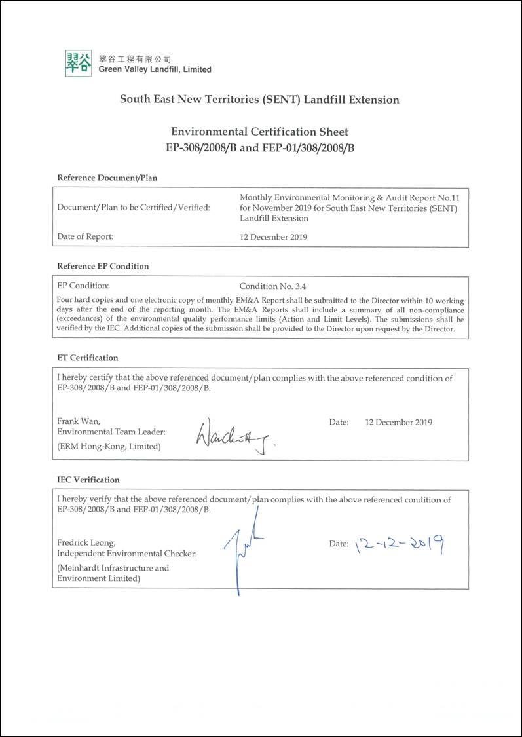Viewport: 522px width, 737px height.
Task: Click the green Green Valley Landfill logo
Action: (x=78, y=64)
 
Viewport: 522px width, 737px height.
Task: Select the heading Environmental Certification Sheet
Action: (x=260, y=132)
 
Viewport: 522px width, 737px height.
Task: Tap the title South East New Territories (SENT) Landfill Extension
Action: (x=259, y=100)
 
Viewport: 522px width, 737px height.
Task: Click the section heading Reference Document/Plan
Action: (x=107, y=178)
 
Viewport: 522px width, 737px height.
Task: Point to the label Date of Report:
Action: (x=85, y=236)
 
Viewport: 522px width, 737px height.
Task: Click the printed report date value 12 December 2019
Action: (x=273, y=236)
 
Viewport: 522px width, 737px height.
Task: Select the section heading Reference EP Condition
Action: (x=103, y=266)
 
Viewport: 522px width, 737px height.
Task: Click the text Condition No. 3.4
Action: (x=272, y=286)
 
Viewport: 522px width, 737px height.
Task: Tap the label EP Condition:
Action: (x=83, y=286)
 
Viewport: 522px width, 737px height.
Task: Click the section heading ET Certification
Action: (x=88, y=358)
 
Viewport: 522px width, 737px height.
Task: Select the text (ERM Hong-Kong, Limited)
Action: (x=109, y=446)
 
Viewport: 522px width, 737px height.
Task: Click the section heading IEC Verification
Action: (x=88, y=480)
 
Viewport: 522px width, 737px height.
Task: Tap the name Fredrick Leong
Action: (x=86, y=543)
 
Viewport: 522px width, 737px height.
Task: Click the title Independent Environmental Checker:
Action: (x=127, y=554)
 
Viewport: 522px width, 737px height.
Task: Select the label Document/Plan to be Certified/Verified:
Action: (x=134, y=208)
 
